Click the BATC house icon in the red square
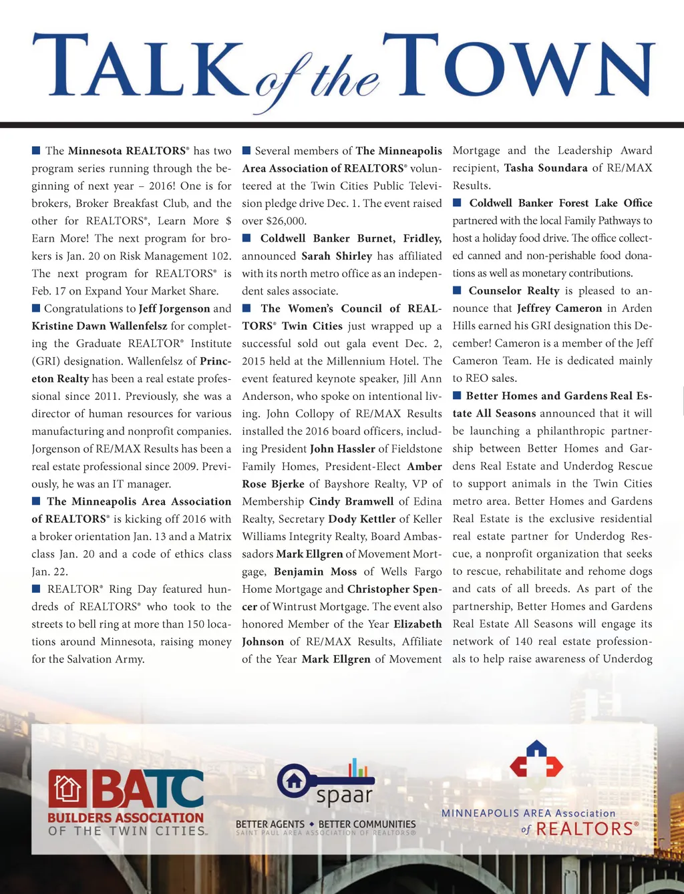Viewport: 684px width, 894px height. (x=67, y=789)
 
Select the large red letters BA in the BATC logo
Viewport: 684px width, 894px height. (x=124, y=789)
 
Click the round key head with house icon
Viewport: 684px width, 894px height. (x=295, y=781)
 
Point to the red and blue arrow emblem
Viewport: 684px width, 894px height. (x=536, y=762)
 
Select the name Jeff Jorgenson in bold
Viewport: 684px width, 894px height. (x=174, y=308)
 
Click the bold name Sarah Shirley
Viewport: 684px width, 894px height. (x=337, y=256)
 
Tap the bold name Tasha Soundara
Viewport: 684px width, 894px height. (x=546, y=168)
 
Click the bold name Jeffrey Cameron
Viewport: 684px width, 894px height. (x=559, y=308)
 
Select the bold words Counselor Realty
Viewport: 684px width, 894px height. (x=514, y=291)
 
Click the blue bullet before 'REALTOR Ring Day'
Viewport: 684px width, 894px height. (x=36, y=589)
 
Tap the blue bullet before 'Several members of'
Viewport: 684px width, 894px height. (x=246, y=151)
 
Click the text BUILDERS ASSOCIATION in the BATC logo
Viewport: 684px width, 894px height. (x=126, y=817)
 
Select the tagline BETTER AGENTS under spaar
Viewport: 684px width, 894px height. (x=270, y=825)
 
